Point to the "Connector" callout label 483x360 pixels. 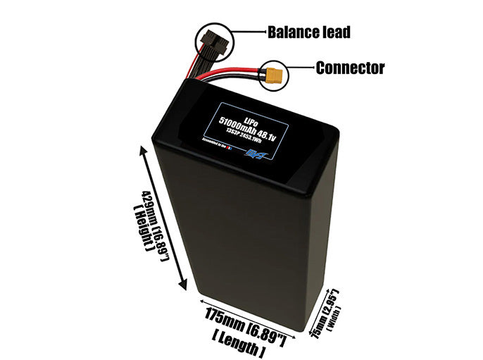click(350, 68)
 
